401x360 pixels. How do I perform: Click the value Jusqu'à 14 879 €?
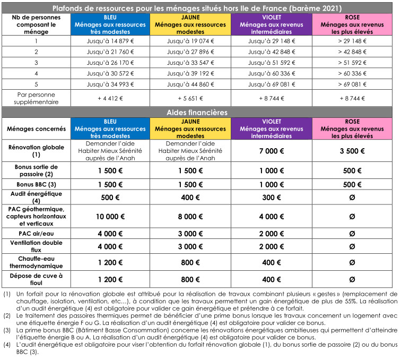(x=110, y=40)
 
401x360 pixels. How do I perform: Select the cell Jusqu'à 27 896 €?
(x=190, y=52)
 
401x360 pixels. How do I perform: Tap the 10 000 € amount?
(x=110, y=216)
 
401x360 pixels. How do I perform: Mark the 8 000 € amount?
(x=190, y=216)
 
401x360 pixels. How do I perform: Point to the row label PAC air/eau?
(x=36, y=233)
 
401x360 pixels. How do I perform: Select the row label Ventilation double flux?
(x=36, y=246)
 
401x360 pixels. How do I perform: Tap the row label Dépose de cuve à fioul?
(x=36, y=278)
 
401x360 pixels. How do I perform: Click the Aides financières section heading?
(x=200, y=113)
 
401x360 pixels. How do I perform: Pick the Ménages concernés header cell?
(x=36, y=128)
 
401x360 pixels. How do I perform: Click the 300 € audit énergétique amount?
(x=271, y=198)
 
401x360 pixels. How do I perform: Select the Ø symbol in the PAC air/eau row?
(x=352, y=233)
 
